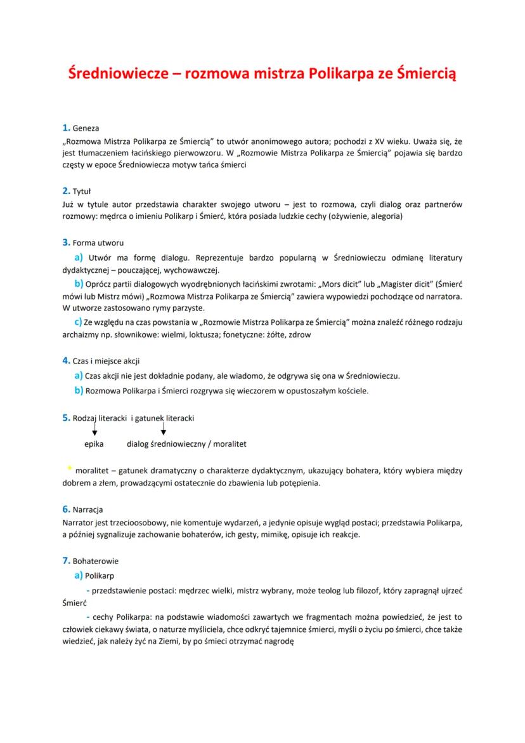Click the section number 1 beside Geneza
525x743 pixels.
[x=65, y=128]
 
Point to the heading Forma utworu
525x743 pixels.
[x=98, y=242]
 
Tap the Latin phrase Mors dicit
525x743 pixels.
[x=335, y=284]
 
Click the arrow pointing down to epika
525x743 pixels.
[x=94, y=431]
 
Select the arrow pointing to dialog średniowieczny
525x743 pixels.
[x=164, y=431]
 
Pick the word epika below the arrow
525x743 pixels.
[x=94, y=444]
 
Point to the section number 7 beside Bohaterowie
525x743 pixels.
[x=65, y=561]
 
